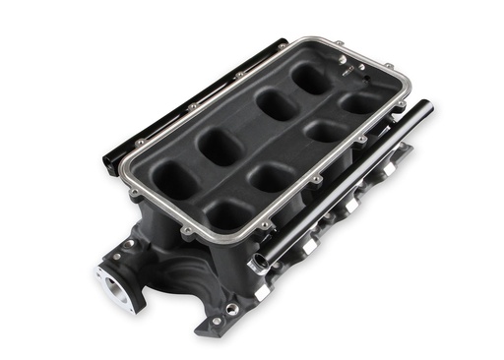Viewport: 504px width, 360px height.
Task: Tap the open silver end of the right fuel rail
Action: click(259, 264)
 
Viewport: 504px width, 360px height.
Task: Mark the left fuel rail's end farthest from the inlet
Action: click(279, 44)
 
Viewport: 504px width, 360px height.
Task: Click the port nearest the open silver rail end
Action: click(225, 213)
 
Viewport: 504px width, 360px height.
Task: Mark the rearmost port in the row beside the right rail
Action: click(361, 100)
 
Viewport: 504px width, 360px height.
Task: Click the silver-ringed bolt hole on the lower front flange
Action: click(231, 309)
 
